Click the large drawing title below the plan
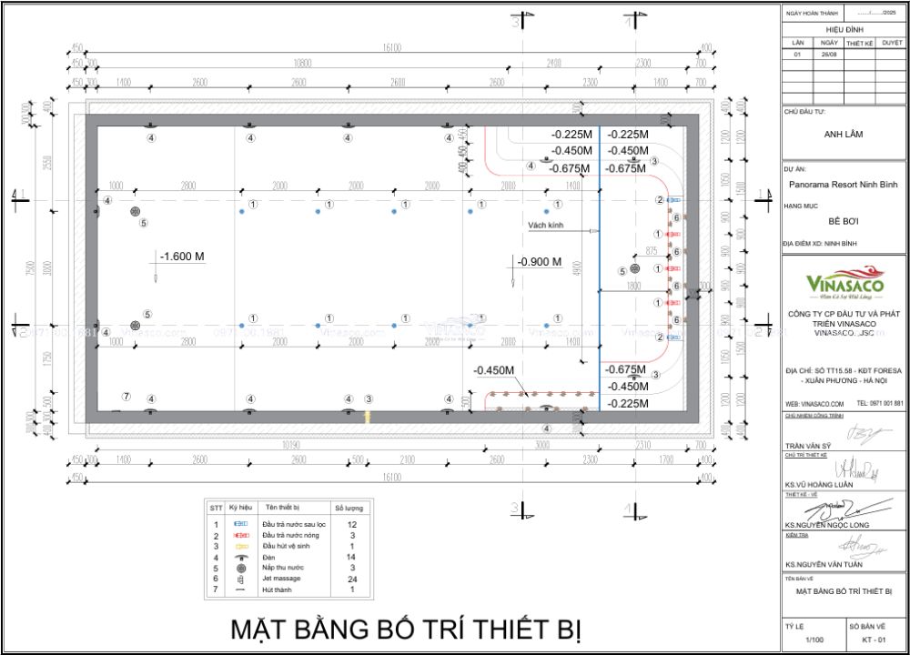(405, 629)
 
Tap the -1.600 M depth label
(182, 257)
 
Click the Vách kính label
(544, 224)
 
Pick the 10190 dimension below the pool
(291, 446)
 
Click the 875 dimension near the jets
(651, 249)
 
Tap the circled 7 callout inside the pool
(126, 397)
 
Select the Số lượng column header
(350, 506)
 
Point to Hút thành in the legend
(278, 589)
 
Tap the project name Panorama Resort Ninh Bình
(843, 184)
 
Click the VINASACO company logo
(843, 282)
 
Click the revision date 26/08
(829, 55)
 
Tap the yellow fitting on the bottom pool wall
(368, 416)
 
